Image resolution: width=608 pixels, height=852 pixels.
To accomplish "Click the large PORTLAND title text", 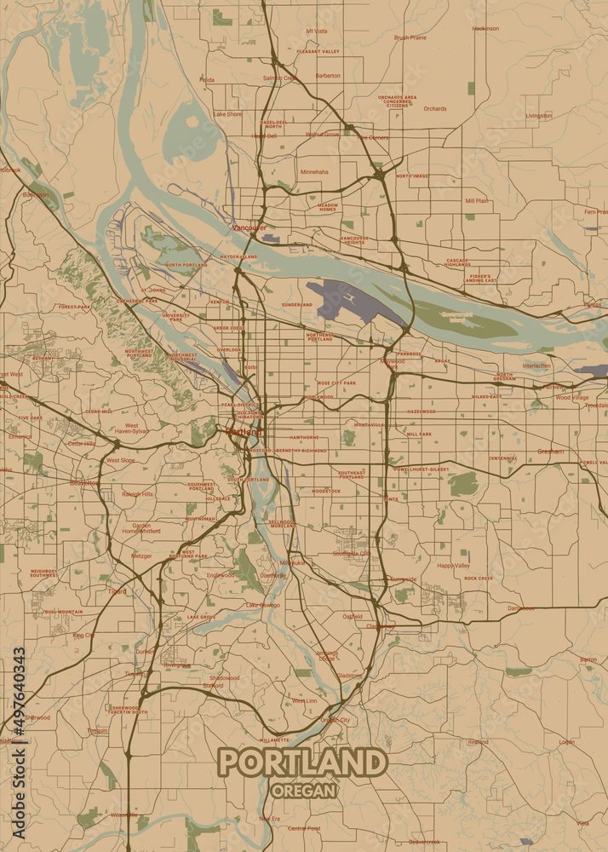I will (x=302, y=763).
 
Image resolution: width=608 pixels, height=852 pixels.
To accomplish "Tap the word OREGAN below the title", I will (x=303, y=790).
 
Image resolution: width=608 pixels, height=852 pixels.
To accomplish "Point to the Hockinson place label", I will (x=485, y=28).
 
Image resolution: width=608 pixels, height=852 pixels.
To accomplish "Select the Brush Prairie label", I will (x=410, y=37).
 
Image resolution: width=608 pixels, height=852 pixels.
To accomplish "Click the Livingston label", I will (x=538, y=115).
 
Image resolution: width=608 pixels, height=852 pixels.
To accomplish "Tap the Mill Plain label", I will (x=477, y=201).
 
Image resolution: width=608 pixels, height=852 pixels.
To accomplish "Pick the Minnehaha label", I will (x=314, y=171).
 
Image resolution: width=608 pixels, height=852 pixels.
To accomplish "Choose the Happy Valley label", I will (x=453, y=565).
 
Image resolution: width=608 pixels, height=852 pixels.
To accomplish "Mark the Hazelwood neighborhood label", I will (x=421, y=411).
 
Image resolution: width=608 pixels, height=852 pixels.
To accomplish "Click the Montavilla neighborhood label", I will (x=370, y=424).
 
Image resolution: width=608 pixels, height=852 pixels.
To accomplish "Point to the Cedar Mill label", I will (x=98, y=411).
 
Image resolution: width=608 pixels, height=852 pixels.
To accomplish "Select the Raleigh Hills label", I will (x=137, y=493).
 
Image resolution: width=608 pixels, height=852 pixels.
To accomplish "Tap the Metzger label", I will (x=141, y=556).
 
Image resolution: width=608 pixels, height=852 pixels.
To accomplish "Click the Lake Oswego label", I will (x=262, y=605).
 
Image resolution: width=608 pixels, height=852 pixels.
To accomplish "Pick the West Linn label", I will (x=304, y=700).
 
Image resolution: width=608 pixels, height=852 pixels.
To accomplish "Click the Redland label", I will (x=479, y=742).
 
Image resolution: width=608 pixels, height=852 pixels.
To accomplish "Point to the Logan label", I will (x=567, y=742).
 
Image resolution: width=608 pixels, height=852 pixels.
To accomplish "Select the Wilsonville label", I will (x=123, y=815).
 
